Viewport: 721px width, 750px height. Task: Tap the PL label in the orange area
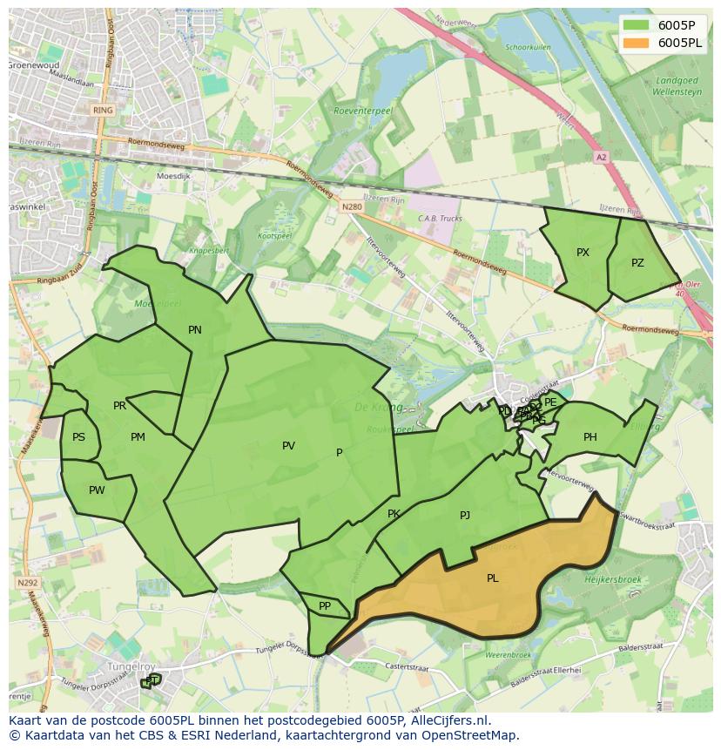pos(493,578)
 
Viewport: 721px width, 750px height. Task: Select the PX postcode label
pos(583,253)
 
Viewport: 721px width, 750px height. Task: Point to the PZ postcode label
pos(637,262)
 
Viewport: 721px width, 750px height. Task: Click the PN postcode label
pos(195,329)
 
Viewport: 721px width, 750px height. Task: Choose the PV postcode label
pos(288,446)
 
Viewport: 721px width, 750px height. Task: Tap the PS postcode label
pos(79,437)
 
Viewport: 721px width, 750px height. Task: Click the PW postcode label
pos(97,490)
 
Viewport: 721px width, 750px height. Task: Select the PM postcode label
pos(138,437)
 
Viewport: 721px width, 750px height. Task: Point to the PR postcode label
pos(119,406)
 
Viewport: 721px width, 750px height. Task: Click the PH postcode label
pos(590,437)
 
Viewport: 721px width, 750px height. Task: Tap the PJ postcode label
pos(465,516)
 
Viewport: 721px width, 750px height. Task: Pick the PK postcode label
pos(394,514)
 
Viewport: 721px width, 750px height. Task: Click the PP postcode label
pos(325,606)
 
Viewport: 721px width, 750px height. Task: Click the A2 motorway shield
pos(601,158)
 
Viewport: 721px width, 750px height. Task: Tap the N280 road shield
pos(351,206)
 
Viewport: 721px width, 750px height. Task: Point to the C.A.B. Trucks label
pos(440,219)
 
